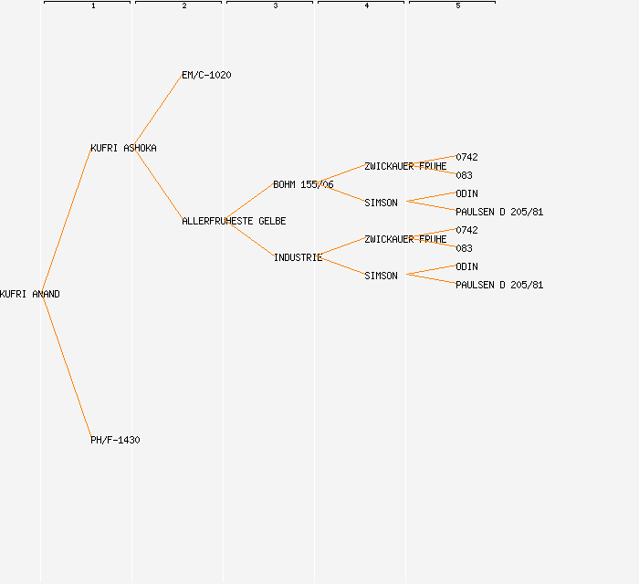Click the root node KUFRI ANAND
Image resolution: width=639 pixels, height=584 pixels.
tap(30, 294)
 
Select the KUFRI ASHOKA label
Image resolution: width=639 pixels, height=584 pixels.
tap(123, 148)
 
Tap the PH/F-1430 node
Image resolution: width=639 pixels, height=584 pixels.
tap(115, 440)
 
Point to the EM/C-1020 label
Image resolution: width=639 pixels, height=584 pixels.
tap(206, 75)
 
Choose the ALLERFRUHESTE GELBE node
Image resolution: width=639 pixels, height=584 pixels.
tap(234, 221)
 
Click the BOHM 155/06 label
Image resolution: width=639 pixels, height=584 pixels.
tap(303, 184)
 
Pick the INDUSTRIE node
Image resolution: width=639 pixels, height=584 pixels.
tap(298, 257)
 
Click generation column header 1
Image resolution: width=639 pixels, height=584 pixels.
tap(93, 5)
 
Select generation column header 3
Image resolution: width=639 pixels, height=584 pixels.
tap(276, 5)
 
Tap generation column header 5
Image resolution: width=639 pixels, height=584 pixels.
tap(458, 5)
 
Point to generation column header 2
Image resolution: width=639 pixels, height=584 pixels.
tap(184, 5)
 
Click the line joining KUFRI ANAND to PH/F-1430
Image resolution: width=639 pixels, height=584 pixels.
tap(67, 366)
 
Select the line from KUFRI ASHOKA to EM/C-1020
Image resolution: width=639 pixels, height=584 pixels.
tap(159, 111)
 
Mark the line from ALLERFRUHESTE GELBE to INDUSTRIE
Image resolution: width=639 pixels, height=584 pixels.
tap(250, 240)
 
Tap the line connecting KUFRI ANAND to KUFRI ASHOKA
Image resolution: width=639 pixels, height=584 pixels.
tap(67, 220)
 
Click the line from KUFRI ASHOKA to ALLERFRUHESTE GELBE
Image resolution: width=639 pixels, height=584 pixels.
tap(159, 184)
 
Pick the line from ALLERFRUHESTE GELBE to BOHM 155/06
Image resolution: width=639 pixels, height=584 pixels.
tap(249, 202)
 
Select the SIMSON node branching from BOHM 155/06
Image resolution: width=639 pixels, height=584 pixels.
tap(381, 203)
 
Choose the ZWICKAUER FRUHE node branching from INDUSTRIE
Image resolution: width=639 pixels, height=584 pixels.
tap(405, 239)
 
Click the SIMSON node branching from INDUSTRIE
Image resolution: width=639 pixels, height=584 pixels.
tap(381, 276)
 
